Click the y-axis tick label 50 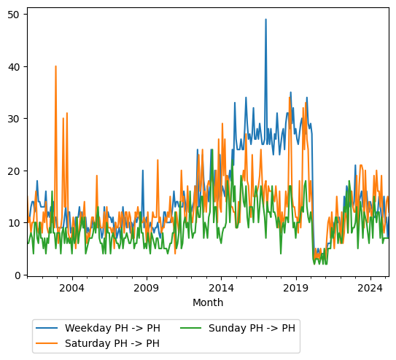pyautogui.click(x=14, y=14)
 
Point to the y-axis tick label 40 pyautogui.click(x=14, y=66)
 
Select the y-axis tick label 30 pyautogui.click(x=14, y=119)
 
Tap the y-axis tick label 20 pyautogui.click(x=14, y=171)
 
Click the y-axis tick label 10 pyautogui.click(x=14, y=223)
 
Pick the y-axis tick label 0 pyautogui.click(x=17, y=275)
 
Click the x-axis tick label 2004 pyautogui.click(x=71, y=288)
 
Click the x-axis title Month pyautogui.click(x=208, y=302)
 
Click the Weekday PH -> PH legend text pyautogui.click(x=112, y=328)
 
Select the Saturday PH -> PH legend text pyautogui.click(x=112, y=343)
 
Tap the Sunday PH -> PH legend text pyautogui.click(x=252, y=328)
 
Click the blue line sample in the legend pyautogui.click(x=48, y=328)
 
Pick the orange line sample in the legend pyautogui.click(x=48, y=343)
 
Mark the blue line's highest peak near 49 pyautogui.click(x=265, y=20)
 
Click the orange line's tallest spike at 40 pyautogui.click(x=55, y=66)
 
